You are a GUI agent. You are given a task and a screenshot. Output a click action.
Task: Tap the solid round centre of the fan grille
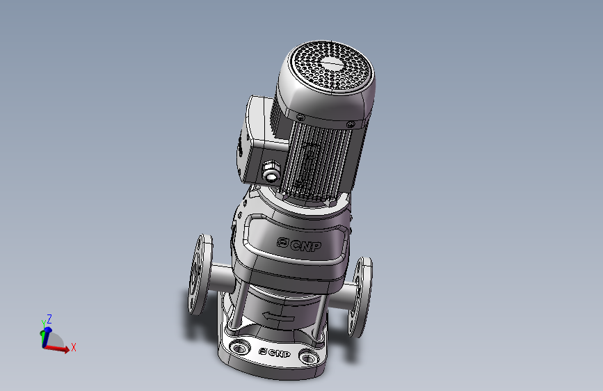(332, 63)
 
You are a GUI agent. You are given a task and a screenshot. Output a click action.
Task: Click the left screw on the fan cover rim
(300, 118)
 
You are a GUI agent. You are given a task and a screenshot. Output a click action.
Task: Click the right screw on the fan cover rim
(351, 125)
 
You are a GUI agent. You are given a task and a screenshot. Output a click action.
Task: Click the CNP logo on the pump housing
(299, 244)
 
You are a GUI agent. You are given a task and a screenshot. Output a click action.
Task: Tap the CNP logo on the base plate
(275, 353)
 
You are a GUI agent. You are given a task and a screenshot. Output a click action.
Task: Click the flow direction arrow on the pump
(278, 317)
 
